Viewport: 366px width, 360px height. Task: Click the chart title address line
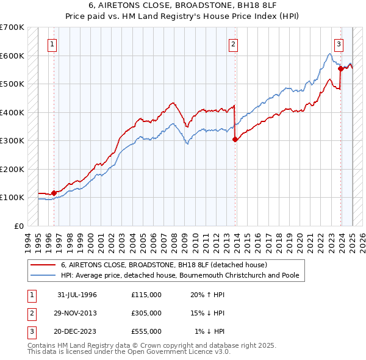pyautogui.click(x=182, y=5)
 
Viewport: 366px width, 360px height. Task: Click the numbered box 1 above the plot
pyautogui.click(x=53, y=43)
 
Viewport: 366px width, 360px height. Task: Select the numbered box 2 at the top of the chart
pyautogui.click(x=234, y=43)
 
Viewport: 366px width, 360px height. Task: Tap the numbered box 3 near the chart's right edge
pyautogui.click(x=339, y=43)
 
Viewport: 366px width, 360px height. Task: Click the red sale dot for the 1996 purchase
pyautogui.click(x=54, y=193)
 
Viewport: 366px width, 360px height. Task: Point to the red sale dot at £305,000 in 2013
pyautogui.click(x=235, y=139)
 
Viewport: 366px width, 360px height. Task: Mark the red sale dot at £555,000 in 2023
pyautogui.click(x=340, y=68)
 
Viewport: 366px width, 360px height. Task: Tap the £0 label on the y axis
pyautogui.click(x=19, y=226)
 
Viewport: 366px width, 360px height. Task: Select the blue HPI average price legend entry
pyautogui.click(x=180, y=275)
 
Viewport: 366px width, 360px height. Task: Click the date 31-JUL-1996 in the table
pyautogui.click(x=77, y=295)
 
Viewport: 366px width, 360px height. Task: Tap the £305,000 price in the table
pyautogui.click(x=146, y=313)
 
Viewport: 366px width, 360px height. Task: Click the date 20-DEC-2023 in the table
pyautogui.click(x=77, y=331)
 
